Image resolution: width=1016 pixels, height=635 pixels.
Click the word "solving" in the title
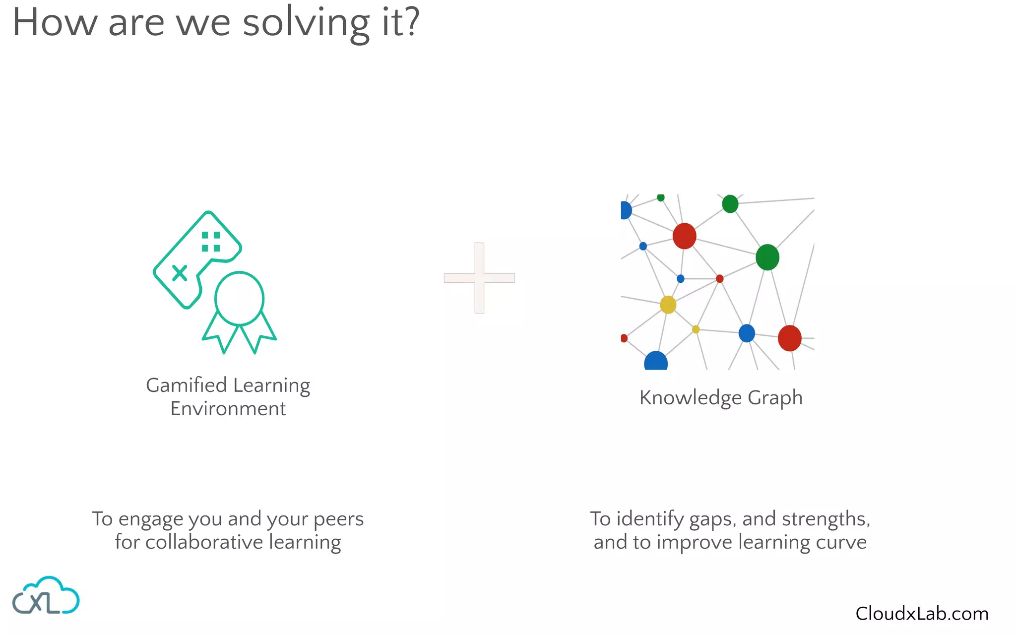306,24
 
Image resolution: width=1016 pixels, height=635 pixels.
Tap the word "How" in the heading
55,23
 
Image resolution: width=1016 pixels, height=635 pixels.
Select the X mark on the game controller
180,273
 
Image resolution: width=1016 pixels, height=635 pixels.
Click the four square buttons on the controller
211,242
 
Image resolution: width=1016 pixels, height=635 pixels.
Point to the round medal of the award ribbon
239,299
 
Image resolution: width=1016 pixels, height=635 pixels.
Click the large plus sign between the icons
479,278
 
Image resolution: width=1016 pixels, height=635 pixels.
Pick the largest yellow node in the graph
668,305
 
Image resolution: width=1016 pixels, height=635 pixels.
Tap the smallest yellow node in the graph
696,329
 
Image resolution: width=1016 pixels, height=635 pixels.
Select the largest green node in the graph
767,257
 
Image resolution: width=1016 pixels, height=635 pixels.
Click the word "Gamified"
186,385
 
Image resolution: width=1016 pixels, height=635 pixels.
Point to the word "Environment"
228,409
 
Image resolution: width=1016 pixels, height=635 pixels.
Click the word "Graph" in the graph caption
775,398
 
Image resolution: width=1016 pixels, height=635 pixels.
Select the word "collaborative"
204,542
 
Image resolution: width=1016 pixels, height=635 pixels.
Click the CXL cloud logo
46,596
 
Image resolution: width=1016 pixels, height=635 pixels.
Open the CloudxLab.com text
922,614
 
